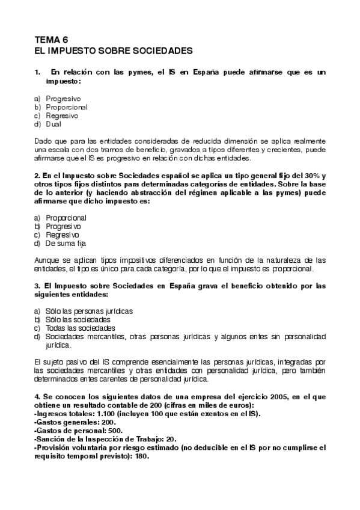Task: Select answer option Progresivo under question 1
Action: [x=63, y=97]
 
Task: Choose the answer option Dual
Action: [x=53, y=124]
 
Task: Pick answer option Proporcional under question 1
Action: [x=66, y=106]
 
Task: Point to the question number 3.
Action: [x=37, y=286]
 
